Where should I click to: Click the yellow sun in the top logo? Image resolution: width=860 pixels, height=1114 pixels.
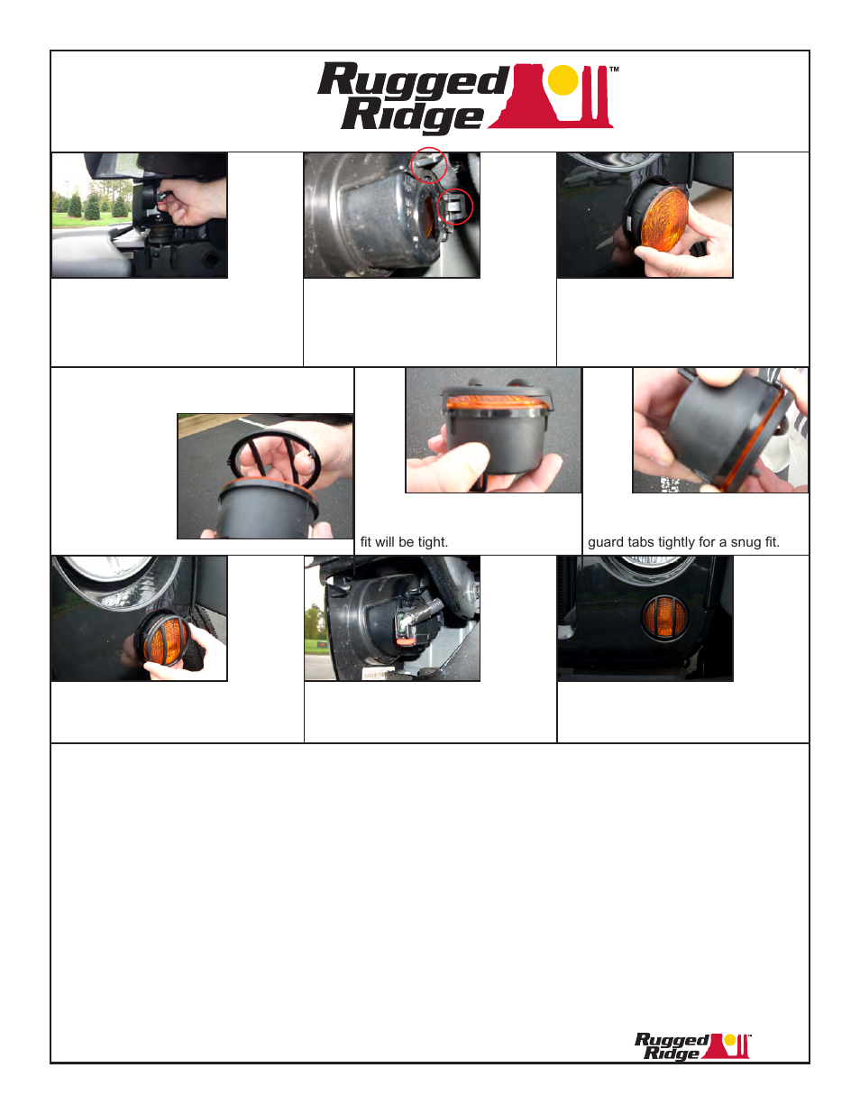563,80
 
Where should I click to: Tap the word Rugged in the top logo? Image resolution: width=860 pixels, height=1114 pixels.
413,82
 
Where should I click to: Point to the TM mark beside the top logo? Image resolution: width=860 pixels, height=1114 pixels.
614,69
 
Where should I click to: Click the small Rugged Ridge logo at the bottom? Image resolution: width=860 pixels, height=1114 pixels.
691,1046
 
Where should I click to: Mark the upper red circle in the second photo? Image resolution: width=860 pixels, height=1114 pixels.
429,164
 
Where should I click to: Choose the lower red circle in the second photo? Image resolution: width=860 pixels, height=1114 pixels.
454,208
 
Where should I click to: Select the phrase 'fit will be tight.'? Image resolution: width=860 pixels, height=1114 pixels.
404,542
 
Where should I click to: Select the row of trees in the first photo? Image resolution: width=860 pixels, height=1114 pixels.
90,207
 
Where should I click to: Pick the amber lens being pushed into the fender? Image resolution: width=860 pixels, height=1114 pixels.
165,639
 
